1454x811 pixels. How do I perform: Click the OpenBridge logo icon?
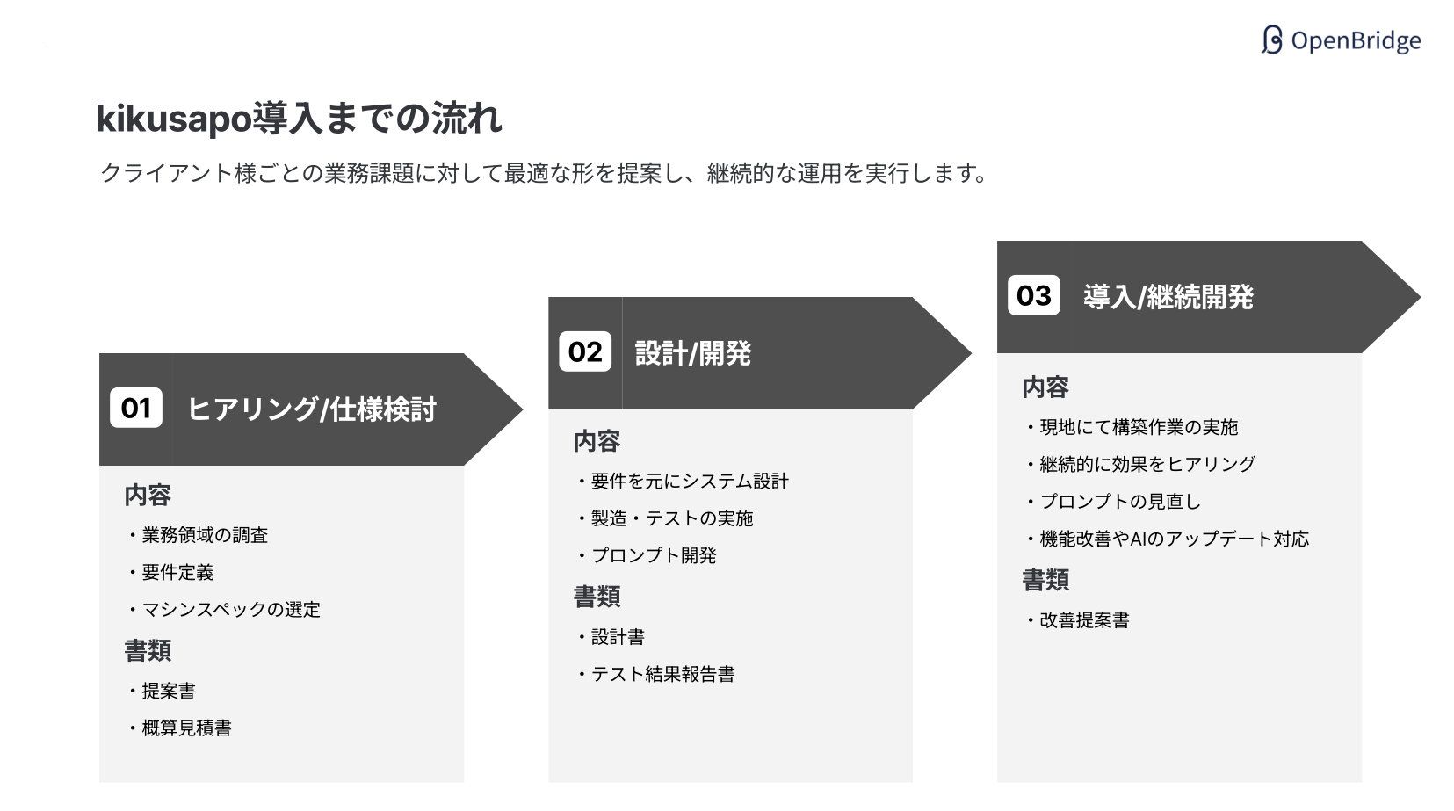click(1271, 40)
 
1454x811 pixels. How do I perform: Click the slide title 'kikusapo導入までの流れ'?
click(299, 119)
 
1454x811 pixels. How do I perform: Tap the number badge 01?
click(136, 408)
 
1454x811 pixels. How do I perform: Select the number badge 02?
click(585, 351)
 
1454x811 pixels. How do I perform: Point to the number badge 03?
click(1033, 295)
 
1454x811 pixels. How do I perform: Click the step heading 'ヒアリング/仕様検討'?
click(312, 409)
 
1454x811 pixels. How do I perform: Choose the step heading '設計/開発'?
click(693, 353)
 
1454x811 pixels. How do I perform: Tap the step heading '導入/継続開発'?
click(1168, 297)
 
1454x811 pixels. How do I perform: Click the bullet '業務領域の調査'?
click(205, 535)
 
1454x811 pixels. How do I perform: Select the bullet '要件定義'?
click(177, 572)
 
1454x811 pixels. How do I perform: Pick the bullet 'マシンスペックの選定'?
click(231, 610)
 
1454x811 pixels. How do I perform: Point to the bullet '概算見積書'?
click(186, 728)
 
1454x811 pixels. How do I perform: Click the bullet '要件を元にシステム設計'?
click(690, 482)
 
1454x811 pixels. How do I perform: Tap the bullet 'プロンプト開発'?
click(654, 555)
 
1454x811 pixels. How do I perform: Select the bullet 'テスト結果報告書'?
click(662, 674)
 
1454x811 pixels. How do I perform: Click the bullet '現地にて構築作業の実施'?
click(1139, 427)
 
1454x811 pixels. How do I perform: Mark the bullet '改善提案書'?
click(1084, 620)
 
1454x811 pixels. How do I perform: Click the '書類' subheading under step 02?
click(597, 597)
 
